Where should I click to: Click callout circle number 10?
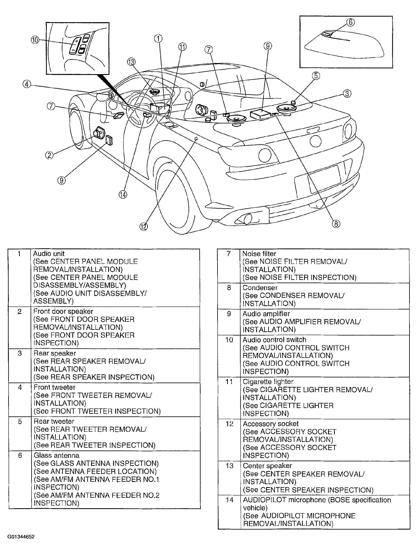click(x=35, y=40)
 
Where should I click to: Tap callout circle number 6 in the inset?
click(x=350, y=22)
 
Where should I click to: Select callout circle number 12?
click(x=144, y=227)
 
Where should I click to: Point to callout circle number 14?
click(x=123, y=195)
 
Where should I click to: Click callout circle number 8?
click(x=336, y=224)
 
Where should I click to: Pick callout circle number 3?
click(x=347, y=94)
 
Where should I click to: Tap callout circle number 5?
click(x=316, y=76)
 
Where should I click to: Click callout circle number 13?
click(x=131, y=62)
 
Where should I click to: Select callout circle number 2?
click(x=49, y=155)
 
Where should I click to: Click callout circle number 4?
click(x=27, y=84)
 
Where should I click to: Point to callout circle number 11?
click(x=182, y=47)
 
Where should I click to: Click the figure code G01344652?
click(x=21, y=537)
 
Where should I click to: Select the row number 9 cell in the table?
click(x=229, y=314)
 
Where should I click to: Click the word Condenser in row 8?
click(x=260, y=287)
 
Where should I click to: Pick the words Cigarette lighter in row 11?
click(x=268, y=382)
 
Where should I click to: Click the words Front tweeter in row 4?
click(x=54, y=387)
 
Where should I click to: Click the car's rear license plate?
click(x=318, y=179)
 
